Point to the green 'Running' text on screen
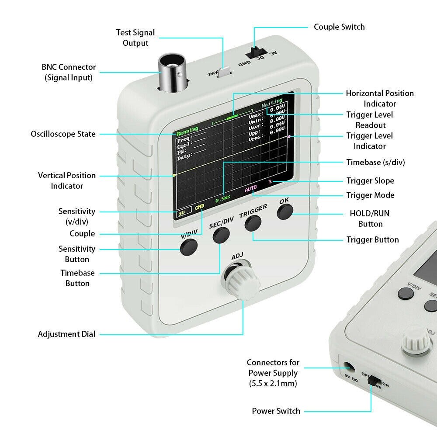[187, 129]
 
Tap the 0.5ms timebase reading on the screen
[223, 199]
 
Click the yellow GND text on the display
[199, 207]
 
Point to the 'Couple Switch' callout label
[339, 27]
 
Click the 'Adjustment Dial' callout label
[66, 334]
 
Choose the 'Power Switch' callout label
[276, 411]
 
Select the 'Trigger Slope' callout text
[370, 181]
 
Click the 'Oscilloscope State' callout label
[63, 134]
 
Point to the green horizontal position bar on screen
[232, 117]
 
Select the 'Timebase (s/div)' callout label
[375, 162]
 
